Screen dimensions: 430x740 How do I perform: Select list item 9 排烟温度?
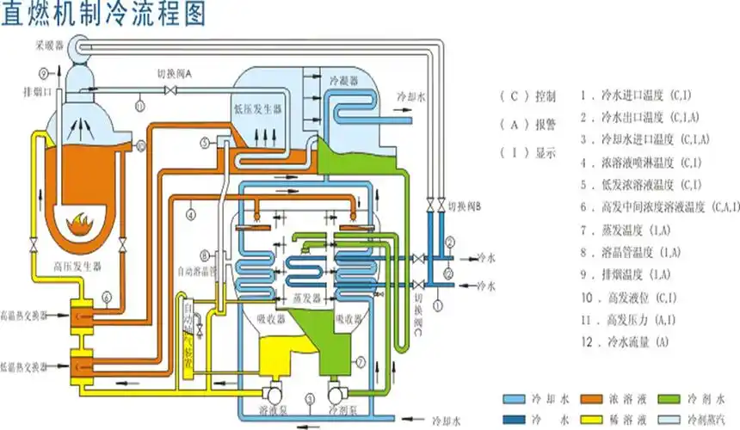pos(624,274)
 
